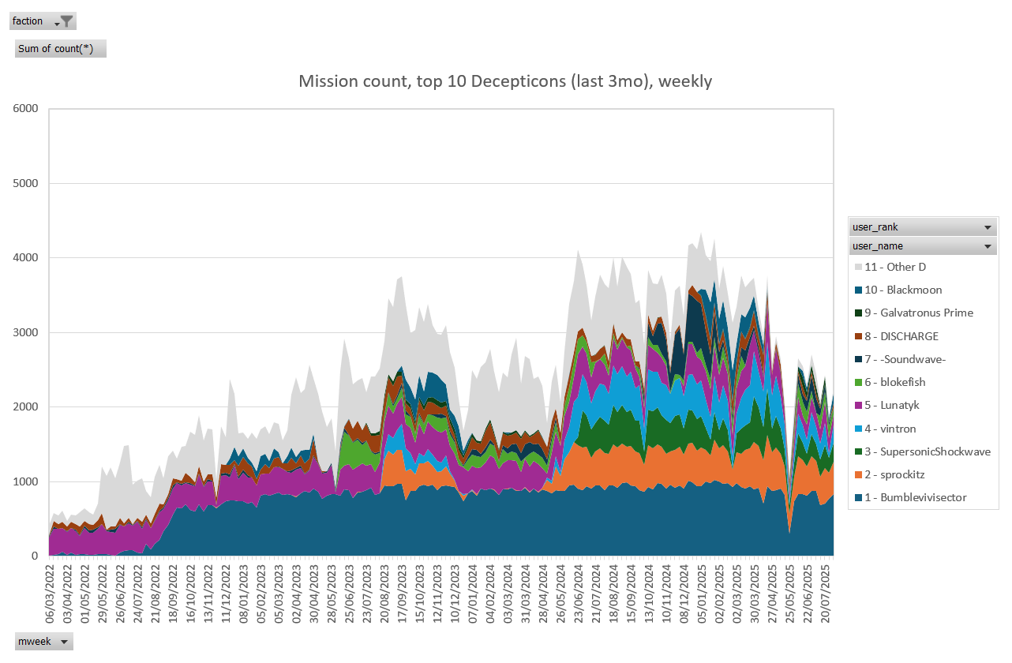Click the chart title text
(x=505, y=81)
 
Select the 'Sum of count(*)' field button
(x=60, y=49)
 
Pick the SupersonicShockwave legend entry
(x=920, y=451)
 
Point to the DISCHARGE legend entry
(x=901, y=336)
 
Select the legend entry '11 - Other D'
(x=892, y=267)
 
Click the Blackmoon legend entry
(x=903, y=290)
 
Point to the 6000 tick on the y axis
(x=24, y=109)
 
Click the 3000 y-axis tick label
(x=24, y=332)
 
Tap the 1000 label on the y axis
(x=24, y=481)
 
